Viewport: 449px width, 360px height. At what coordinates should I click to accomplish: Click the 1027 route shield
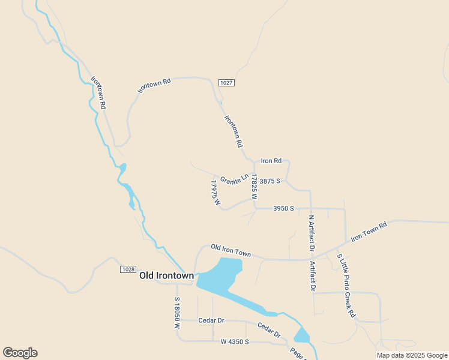coord(226,82)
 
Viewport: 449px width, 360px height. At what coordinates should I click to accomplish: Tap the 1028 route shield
coord(127,269)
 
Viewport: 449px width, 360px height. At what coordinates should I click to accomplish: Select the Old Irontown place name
coord(166,276)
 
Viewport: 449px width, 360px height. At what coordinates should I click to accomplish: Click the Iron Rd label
coord(271,161)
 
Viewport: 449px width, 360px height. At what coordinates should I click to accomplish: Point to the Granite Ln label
coord(234,179)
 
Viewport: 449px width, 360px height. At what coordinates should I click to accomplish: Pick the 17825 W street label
coord(255,187)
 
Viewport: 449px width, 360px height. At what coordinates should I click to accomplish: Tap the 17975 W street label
coord(215,193)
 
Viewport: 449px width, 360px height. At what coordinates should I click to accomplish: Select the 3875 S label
coord(270,181)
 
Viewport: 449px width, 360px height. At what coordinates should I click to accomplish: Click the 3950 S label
coord(283,208)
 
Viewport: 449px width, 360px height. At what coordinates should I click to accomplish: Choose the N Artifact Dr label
coord(312,233)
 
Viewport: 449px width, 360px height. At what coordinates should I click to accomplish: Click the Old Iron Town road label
coord(231,250)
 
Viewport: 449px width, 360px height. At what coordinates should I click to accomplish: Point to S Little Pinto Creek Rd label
coord(346,286)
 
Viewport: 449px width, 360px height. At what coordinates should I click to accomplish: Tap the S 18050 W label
coord(177,313)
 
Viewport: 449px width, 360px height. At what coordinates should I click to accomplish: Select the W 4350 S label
coord(235,342)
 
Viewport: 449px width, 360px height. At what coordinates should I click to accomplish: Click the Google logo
coord(20,353)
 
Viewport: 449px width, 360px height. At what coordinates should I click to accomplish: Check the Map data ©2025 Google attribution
coord(411,355)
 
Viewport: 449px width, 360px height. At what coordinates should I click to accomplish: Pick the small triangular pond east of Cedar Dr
coord(301,335)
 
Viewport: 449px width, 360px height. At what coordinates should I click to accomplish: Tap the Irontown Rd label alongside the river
coord(99,92)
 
